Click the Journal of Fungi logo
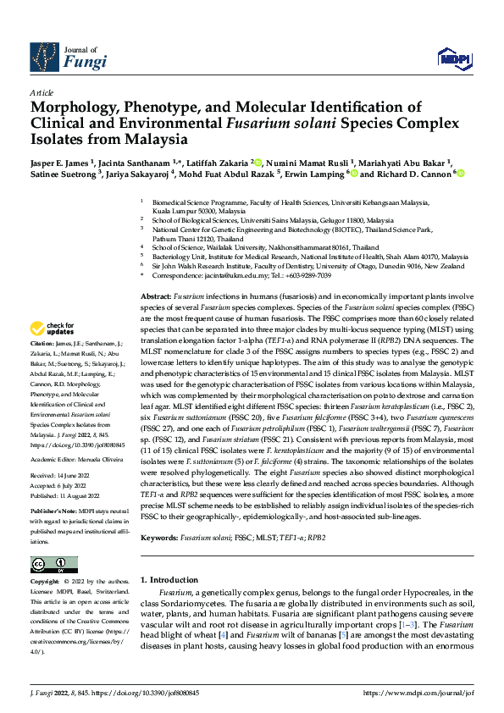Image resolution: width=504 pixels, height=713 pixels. point(68,56)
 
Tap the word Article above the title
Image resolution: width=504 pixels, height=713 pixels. point(41,91)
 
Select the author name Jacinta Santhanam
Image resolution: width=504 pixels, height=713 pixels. point(134,162)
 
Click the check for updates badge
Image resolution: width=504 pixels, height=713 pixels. point(52,329)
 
